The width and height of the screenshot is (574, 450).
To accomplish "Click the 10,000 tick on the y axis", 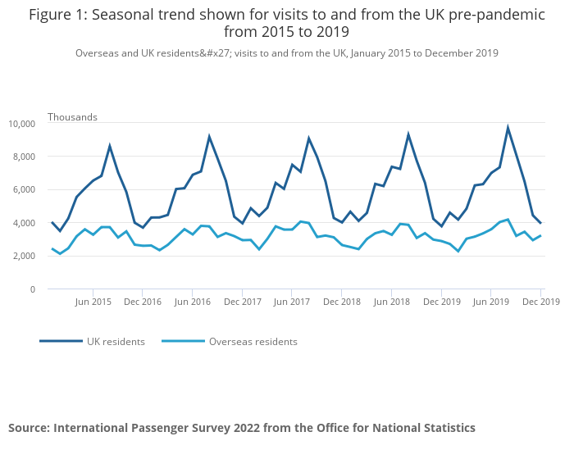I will click(21, 124).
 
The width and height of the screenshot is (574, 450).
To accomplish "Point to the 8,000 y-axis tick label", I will click(24, 157).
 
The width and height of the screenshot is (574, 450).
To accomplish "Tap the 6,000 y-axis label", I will click(24, 189).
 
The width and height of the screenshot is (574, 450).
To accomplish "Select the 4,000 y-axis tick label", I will click(24, 223).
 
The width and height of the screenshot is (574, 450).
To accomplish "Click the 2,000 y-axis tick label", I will click(24, 256).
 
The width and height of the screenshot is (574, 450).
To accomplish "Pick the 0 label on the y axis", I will click(33, 289).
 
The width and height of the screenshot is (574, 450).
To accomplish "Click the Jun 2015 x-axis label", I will click(93, 302).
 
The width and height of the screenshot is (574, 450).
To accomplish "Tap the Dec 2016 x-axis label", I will click(143, 302).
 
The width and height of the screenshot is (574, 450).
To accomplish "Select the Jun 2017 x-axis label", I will click(291, 302).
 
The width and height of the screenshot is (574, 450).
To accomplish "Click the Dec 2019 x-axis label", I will click(540, 302).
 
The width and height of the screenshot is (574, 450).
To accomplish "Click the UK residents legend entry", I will click(116, 342).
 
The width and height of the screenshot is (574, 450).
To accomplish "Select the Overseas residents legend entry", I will click(253, 342).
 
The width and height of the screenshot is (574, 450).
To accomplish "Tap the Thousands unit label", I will click(72, 117).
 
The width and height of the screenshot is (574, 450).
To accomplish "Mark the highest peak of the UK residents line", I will click(508, 127).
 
